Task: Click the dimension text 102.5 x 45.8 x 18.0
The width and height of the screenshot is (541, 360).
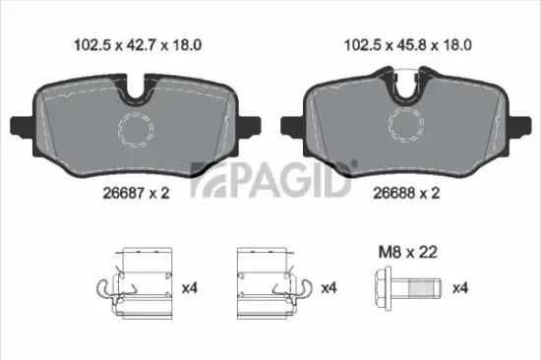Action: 405,43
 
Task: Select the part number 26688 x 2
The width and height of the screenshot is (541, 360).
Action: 404,194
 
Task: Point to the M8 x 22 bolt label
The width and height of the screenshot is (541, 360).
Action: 406,252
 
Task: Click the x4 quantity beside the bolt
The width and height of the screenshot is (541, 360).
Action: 459,289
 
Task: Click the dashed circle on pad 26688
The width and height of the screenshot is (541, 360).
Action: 404,125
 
